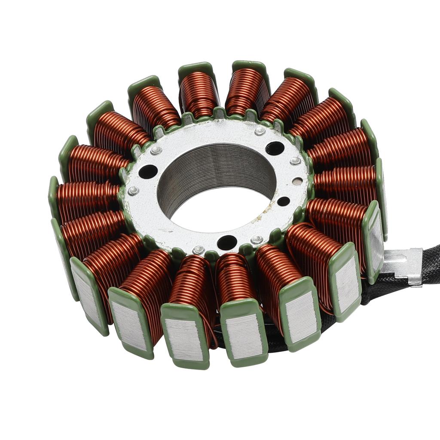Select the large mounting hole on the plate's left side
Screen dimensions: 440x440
[x=148, y=171]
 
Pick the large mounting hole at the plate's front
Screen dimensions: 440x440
[x=227, y=242]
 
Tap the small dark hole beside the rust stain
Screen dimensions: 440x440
[x=284, y=201]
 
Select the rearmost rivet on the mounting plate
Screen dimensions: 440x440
[x=260, y=131]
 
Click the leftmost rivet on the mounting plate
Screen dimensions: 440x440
[x=133, y=191]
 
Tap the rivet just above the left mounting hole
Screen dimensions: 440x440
[x=156, y=150]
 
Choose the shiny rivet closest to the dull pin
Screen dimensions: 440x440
[x=295, y=161]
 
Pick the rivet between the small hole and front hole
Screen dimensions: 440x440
[x=257, y=239]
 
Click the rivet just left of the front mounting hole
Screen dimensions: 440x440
[x=198, y=250]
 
